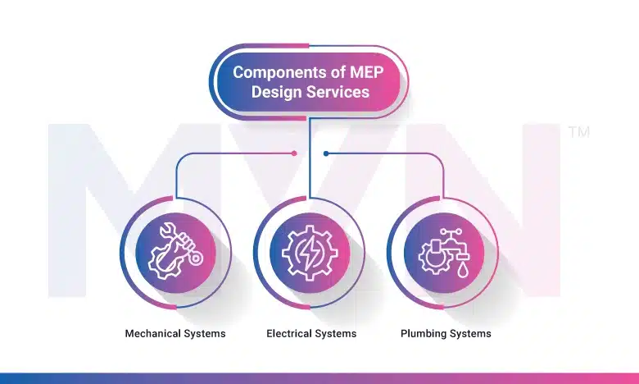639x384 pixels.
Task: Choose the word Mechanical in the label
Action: (155, 334)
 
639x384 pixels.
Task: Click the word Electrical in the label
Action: (288, 334)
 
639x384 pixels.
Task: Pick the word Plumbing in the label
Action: (424, 334)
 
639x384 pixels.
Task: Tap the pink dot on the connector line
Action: (294, 153)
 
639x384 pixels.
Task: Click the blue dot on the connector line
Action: (326, 153)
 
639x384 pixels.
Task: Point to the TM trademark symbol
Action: (578, 131)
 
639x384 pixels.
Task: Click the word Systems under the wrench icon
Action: (206, 334)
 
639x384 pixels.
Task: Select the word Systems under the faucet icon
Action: (470, 334)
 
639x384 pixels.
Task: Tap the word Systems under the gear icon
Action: (336, 334)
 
